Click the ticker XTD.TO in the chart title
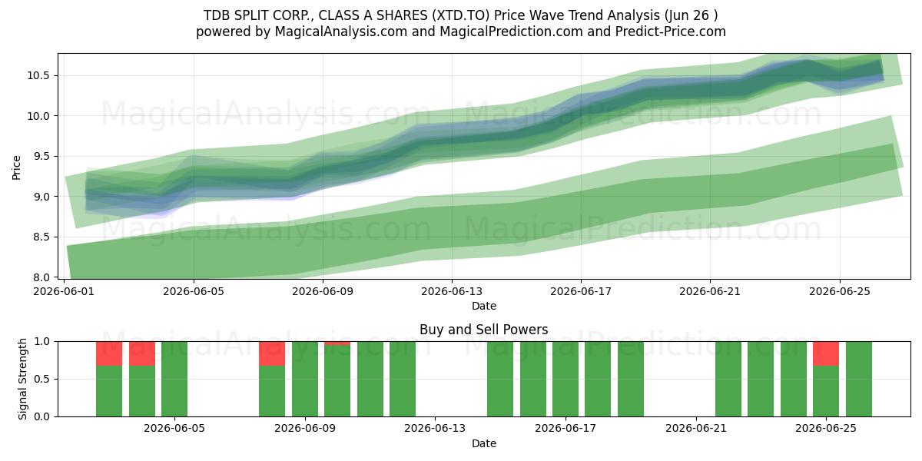click(463, 15)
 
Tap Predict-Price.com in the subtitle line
click(671, 32)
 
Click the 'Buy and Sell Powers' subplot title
click(483, 330)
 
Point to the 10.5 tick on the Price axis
click(38, 75)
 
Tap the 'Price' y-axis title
click(16, 167)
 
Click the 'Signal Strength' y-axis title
click(22, 379)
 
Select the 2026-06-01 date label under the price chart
click(64, 291)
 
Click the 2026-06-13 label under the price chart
click(452, 291)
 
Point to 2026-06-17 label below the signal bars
click(565, 429)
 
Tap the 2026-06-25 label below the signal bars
click(826, 429)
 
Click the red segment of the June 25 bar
click(826, 353)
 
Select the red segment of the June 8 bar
click(272, 353)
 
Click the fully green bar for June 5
click(174, 379)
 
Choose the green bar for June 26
click(859, 379)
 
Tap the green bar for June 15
click(500, 379)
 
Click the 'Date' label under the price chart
click(483, 306)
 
